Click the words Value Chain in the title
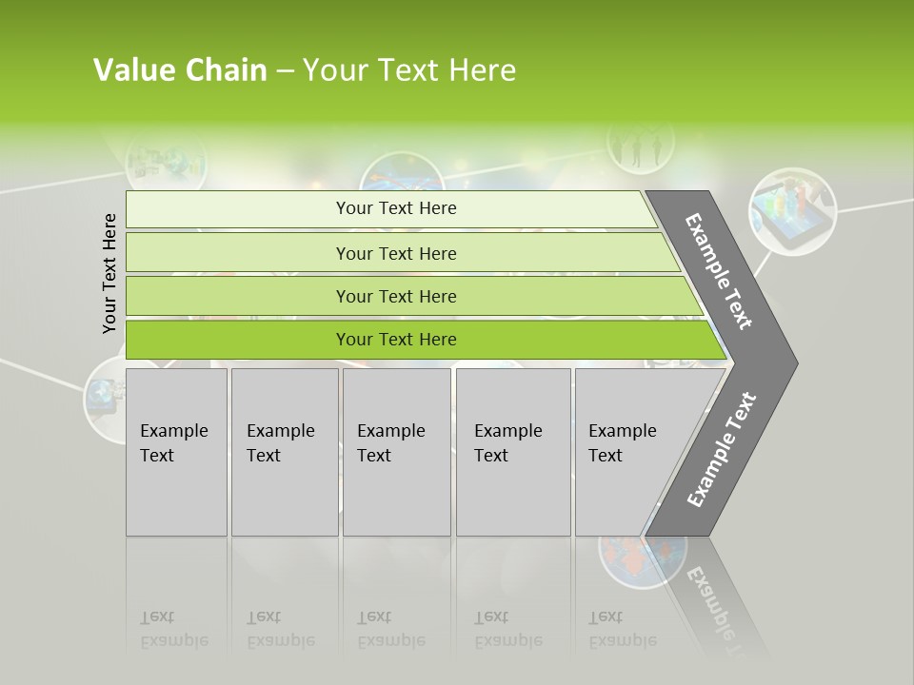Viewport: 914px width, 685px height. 180,70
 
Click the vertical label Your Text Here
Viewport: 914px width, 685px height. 109,273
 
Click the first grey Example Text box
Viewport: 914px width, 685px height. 176,452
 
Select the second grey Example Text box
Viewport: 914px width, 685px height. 284,452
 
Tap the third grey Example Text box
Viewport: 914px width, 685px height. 396,452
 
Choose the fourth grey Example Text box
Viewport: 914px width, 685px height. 512,452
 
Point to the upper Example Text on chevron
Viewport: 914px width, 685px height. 719,271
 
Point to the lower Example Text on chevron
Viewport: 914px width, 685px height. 721,449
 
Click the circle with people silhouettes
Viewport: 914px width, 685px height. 640,146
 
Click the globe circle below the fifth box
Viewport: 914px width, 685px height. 643,561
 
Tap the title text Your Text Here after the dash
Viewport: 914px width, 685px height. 409,70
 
